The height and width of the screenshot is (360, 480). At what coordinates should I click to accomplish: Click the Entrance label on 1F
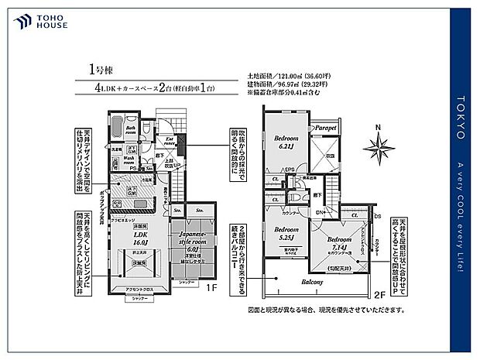169,142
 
